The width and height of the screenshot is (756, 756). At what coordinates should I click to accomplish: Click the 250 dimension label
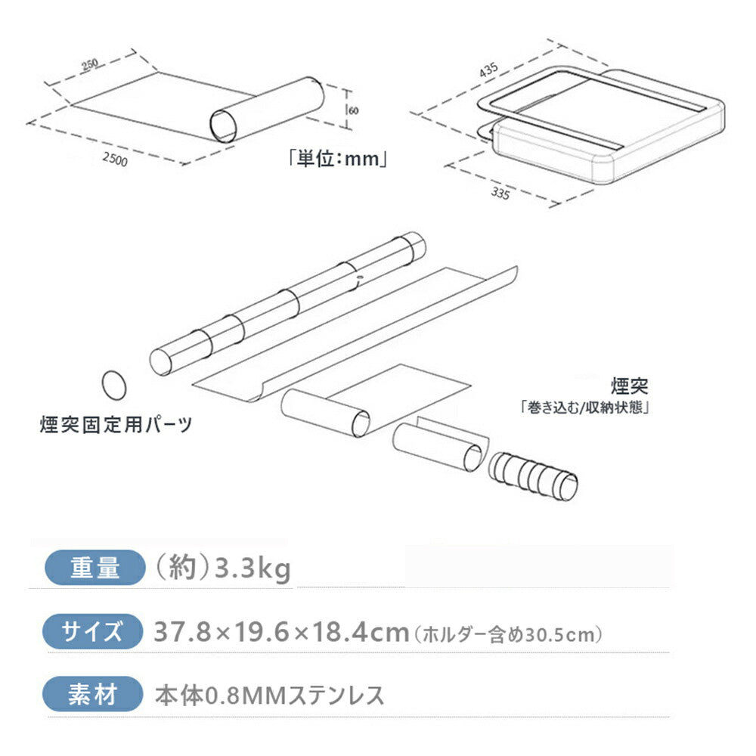(x=90, y=64)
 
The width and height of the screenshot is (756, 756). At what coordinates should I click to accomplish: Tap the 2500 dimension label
(x=115, y=159)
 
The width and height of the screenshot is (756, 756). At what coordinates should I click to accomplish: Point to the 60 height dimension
(x=353, y=110)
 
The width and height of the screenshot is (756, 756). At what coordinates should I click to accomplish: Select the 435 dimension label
(x=488, y=70)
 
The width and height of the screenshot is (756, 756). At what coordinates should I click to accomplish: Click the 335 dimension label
(x=500, y=193)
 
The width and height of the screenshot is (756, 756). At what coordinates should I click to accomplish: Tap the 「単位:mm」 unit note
(x=337, y=158)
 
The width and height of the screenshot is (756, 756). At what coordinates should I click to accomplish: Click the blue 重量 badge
(x=95, y=568)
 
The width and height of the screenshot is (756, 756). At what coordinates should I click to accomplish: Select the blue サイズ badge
(x=92, y=631)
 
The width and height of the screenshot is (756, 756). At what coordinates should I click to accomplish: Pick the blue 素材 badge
(x=92, y=694)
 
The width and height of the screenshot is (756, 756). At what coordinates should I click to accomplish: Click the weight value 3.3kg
(x=253, y=569)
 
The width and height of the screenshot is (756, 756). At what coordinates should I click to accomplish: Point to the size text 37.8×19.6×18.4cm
(x=281, y=631)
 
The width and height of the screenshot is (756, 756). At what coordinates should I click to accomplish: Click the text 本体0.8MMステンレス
(x=270, y=696)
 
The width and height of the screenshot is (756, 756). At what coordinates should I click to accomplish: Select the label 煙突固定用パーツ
(x=116, y=424)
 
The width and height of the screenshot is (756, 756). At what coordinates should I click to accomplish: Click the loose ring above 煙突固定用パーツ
(x=114, y=386)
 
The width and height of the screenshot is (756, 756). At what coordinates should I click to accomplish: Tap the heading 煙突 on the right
(x=630, y=386)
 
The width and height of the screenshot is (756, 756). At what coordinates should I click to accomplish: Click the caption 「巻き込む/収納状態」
(x=584, y=408)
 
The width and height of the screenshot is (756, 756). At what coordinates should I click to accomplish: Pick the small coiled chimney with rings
(x=533, y=476)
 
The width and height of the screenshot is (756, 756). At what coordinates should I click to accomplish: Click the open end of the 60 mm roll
(x=224, y=126)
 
